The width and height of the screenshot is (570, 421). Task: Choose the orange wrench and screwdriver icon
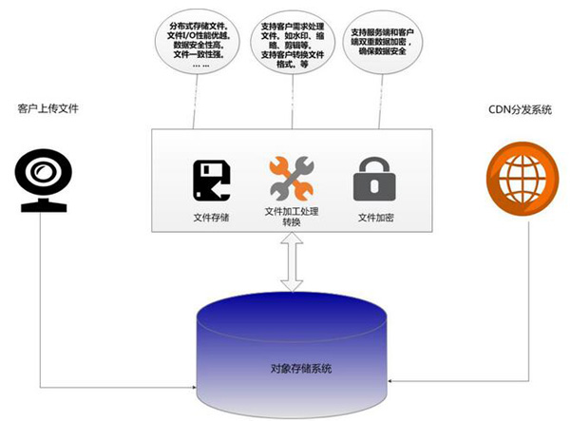tap(291, 177)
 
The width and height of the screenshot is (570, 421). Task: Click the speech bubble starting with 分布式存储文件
tap(200, 48)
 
